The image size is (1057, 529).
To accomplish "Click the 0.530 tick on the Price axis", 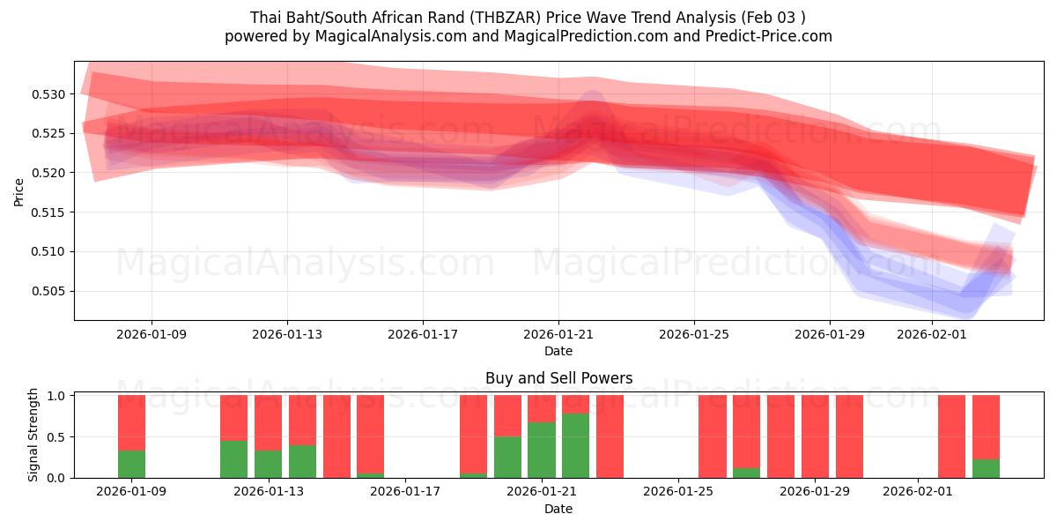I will [49, 94].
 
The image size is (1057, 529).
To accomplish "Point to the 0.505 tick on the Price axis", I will [49, 291].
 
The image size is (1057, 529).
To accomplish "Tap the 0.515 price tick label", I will [49, 212].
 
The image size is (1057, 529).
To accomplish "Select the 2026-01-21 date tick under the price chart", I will [558, 334].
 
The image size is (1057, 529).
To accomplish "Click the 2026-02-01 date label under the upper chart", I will [931, 334].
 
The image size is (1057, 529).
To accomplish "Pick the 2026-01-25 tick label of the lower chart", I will [678, 492].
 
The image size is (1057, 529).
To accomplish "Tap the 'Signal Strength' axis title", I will [33, 435].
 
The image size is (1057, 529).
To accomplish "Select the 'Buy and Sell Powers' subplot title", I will [558, 378].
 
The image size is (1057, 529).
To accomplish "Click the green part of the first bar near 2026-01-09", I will [131, 464].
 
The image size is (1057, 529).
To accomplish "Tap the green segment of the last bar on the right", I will [986, 468].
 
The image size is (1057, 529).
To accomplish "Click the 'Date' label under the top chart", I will [558, 351].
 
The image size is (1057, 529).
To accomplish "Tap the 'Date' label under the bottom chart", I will [558, 509].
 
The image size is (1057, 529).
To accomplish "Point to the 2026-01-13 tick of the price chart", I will [287, 334].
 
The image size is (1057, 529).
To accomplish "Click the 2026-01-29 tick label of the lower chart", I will [816, 492].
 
